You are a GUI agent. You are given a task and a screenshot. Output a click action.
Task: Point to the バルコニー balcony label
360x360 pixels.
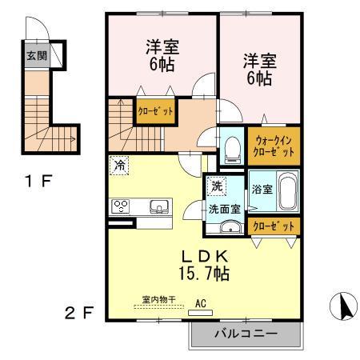coord(246,333)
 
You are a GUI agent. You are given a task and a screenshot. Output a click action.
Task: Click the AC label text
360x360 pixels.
coord(201,304)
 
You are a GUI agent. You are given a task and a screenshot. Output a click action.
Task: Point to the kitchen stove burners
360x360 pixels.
coord(122,205)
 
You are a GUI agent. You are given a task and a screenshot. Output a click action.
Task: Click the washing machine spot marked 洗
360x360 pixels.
coord(217,187)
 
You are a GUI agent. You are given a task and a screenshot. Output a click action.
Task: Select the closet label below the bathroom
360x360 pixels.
coord(274,226)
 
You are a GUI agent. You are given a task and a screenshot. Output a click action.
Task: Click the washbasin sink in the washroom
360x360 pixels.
coord(226,227)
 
